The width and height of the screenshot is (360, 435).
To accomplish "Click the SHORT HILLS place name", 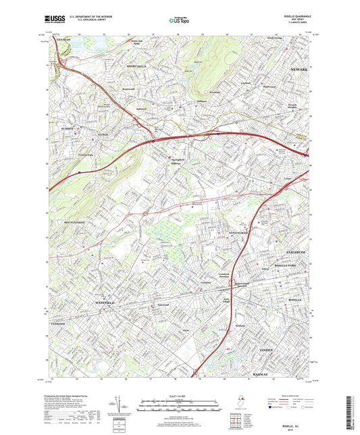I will click(x=136, y=66).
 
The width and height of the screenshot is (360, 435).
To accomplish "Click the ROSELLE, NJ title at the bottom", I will click(x=283, y=419).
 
